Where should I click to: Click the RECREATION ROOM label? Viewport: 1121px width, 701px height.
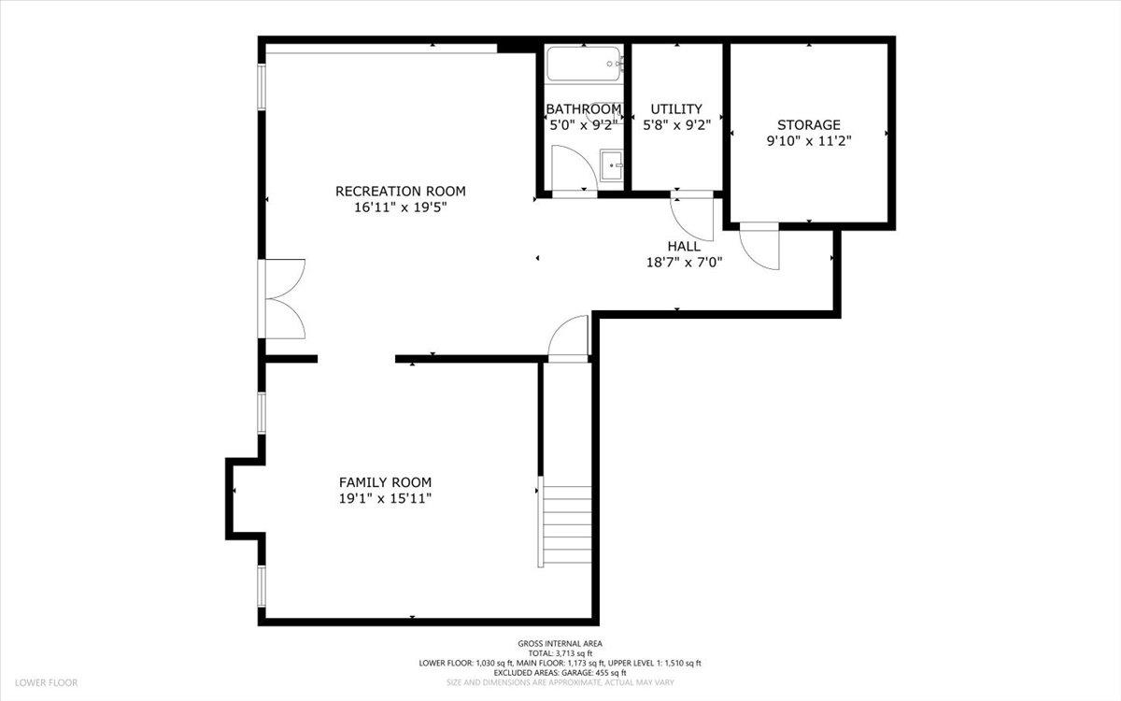click(x=400, y=192)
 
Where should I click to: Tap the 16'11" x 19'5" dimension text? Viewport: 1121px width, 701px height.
click(x=400, y=208)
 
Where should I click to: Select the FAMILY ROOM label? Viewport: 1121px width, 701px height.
click(x=385, y=482)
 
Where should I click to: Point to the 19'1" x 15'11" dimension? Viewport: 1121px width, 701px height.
click(x=385, y=499)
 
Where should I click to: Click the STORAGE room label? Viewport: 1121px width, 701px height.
click(x=809, y=124)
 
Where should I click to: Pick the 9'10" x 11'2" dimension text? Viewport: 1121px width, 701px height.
click(x=809, y=141)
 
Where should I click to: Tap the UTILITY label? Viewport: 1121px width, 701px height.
click(x=676, y=109)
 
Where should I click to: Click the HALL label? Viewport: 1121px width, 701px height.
click(x=684, y=246)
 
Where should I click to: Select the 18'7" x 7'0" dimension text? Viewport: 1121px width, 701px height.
click(x=684, y=263)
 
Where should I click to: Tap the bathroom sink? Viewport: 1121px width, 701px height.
click(x=613, y=165)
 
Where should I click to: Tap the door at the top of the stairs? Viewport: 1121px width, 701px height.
click(x=568, y=338)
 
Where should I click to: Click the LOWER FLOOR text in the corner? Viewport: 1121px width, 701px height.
click(x=45, y=683)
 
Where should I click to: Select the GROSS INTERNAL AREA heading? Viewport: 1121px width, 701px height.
click(x=560, y=643)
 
